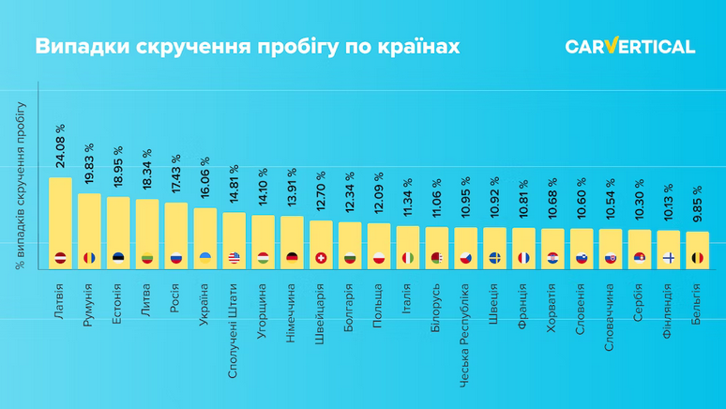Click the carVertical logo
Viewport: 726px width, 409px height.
pyautogui.click(x=629, y=47)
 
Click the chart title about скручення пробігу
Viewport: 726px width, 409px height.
pyautogui.click(x=249, y=47)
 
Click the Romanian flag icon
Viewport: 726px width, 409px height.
pyautogui.click(x=89, y=258)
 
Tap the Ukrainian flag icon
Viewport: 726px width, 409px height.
pyautogui.click(x=205, y=258)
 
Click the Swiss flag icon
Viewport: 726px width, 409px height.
pyautogui.click(x=321, y=258)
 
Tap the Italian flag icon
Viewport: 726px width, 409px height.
pyautogui.click(x=408, y=258)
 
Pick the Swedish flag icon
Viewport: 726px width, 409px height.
pyautogui.click(x=494, y=258)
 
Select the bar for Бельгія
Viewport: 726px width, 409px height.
pyautogui.click(x=697, y=250)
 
